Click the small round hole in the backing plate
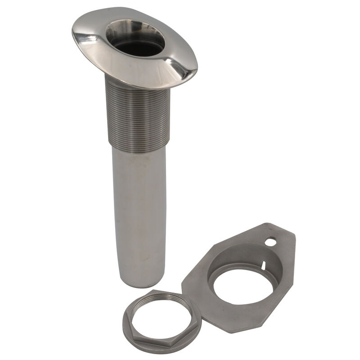tap(270, 242)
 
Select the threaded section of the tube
tap(137, 112)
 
